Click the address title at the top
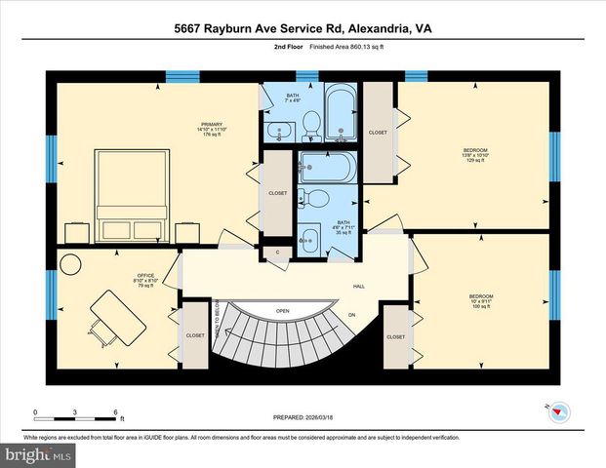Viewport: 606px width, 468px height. [303, 29]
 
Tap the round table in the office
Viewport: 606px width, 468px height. [71, 264]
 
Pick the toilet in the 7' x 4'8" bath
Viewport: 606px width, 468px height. [311, 122]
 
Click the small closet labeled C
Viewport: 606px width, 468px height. [277, 253]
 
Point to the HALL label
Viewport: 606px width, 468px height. [359, 287]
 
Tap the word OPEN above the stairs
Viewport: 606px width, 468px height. [282, 312]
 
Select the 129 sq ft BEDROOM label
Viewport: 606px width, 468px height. [475, 153]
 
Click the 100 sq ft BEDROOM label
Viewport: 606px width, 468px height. [481, 297]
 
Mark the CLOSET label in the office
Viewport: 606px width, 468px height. [195, 336]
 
